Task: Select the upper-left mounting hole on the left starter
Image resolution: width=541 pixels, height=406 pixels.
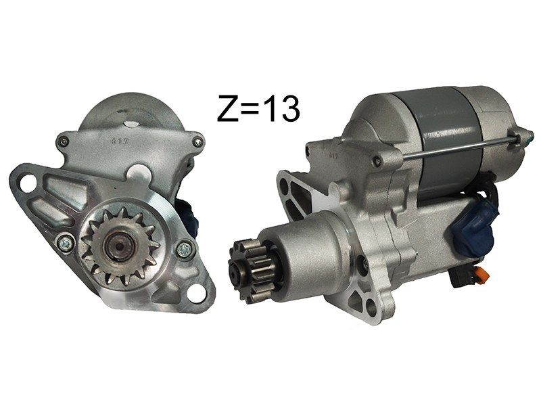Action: pos(28,183)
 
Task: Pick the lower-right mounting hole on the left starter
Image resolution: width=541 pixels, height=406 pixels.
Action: pos(196,294)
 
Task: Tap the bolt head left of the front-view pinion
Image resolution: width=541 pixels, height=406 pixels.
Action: pos(65,243)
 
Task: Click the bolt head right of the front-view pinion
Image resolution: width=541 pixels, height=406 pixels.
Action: pos(185,249)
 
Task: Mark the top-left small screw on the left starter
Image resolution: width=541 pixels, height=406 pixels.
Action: pos(63,140)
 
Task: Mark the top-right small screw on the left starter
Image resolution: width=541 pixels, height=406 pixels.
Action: pos(197,141)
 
